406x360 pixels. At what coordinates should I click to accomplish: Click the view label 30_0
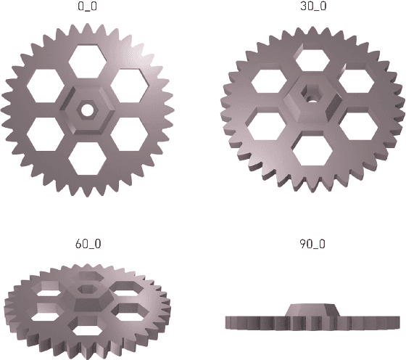pyautogui.click(x=312, y=7)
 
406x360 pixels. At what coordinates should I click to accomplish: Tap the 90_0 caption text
pyautogui.click(x=312, y=244)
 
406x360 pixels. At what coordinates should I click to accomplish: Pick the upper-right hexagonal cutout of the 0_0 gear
pyautogui.click(x=130, y=86)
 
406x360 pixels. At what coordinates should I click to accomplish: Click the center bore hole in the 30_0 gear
pyautogui.click(x=312, y=94)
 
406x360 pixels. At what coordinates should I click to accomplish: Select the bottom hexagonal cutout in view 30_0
pyautogui.click(x=312, y=150)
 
